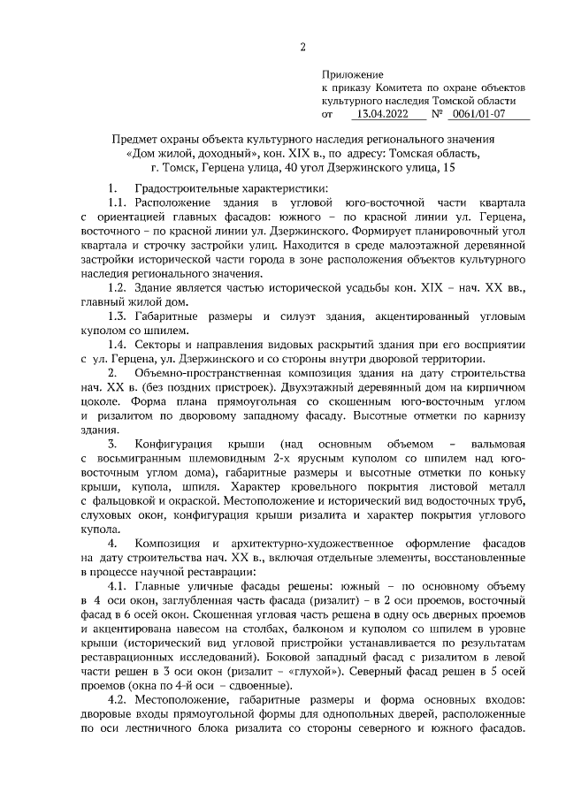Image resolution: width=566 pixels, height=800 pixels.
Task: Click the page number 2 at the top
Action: point(302,47)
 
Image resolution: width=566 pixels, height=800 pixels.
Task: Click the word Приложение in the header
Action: point(351,77)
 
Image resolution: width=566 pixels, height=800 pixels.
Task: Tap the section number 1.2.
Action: point(117,288)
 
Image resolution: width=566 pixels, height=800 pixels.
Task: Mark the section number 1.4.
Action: point(117,345)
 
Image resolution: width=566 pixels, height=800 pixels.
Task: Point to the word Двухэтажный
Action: point(375,387)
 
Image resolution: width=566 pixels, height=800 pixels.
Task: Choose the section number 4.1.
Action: point(117,587)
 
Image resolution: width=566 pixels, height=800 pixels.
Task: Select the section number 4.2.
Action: point(117,700)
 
